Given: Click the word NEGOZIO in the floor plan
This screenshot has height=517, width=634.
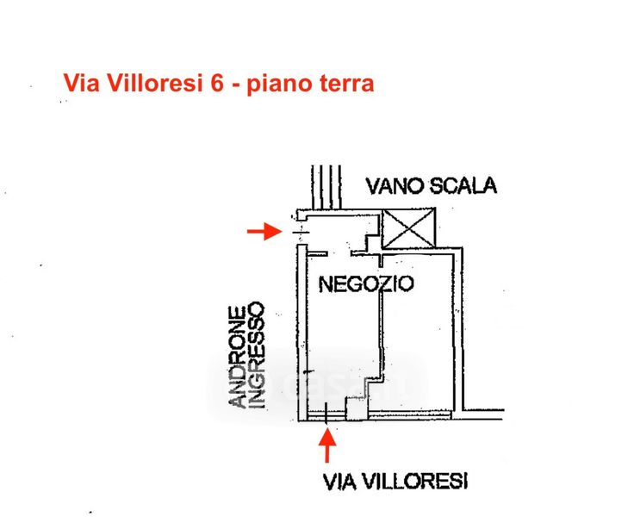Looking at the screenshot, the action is tap(366, 283).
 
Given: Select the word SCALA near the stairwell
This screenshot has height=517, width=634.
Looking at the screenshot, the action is tap(463, 186).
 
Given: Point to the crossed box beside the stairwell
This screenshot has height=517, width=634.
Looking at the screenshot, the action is tap(409, 227).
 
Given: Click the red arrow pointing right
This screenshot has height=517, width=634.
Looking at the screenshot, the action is tap(264, 232).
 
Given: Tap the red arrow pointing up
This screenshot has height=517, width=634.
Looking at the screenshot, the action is tap(327, 445).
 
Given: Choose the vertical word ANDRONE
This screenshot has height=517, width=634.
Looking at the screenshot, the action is tap(238, 357).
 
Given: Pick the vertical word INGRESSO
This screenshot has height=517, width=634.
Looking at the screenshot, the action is tap(257, 355).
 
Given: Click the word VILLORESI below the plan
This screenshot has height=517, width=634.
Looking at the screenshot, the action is tap(413, 482).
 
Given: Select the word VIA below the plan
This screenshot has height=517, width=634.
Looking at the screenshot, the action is tap(339, 482).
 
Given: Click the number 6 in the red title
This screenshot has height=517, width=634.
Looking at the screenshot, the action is tap(217, 84).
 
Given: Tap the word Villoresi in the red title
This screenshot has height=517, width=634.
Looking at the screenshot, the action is tap(154, 84).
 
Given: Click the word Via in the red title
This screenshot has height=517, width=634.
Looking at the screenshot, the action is tap(82, 84).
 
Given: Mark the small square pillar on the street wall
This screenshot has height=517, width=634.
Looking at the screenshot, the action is tap(357, 408).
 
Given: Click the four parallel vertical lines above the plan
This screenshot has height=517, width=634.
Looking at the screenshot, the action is tap(326, 187).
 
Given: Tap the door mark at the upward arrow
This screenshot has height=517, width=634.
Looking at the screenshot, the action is tap(326, 413).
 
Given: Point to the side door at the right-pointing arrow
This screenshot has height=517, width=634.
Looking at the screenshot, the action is tap(301, 232).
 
